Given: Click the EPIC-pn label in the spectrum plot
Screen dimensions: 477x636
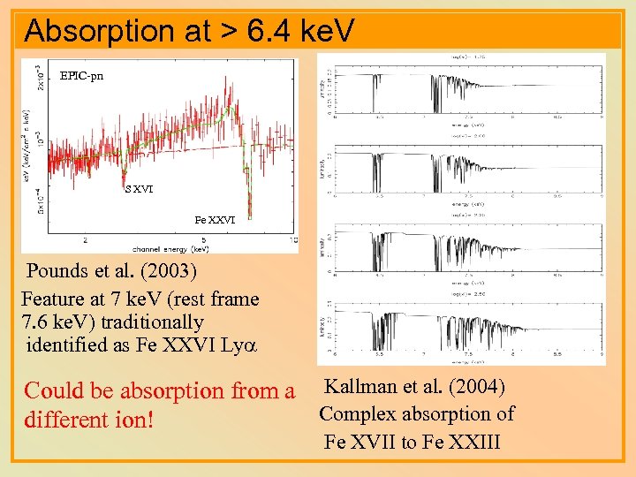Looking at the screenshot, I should [81, 76].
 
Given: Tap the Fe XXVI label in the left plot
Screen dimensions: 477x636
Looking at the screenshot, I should [215, 219].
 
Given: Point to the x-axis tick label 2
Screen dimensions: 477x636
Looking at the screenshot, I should [85, 239].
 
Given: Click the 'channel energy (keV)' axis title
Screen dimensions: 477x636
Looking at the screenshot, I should [170, 247].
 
